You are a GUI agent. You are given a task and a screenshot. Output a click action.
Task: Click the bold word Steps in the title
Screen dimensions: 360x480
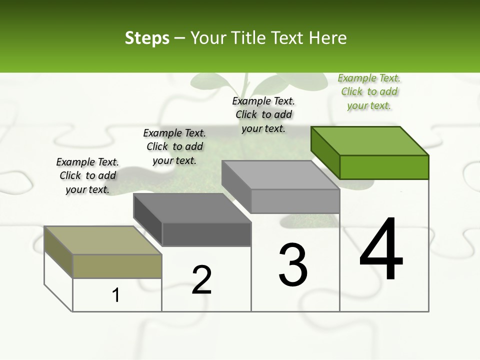(x=147, y=38)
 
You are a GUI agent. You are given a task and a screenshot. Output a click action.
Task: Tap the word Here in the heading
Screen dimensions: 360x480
(x=327, y=38)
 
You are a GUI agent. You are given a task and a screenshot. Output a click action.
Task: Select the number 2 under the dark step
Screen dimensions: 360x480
(x=201, y=279)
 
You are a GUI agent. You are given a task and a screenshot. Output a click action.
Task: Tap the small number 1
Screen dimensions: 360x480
(x=116, y=295)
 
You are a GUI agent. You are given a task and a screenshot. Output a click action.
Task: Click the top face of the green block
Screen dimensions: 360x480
(x=370, y=140)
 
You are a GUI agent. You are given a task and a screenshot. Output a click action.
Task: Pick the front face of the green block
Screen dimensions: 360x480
(x=384, y=167)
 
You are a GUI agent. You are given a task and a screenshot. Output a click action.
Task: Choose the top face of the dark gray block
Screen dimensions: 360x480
(x=192, y=207)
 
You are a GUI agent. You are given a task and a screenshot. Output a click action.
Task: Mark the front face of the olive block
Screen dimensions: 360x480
(x=117, y=266)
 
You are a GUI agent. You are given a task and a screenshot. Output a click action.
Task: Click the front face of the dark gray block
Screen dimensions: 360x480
(x=206, y=234)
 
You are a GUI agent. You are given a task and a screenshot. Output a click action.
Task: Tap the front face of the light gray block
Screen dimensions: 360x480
(x=295, y=201)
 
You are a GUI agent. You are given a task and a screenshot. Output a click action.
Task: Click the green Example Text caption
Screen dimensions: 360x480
(x=369, y=91)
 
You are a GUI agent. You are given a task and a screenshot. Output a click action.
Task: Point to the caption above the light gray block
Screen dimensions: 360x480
(x=263, y=114)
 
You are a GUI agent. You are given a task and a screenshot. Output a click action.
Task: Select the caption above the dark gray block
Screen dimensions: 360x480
(x=174, y=146)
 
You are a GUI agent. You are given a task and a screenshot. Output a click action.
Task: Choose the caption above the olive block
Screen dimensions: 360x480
(x=87, y=175)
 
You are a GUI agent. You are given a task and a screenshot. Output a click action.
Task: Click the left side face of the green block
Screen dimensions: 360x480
(x=325, y=152)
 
